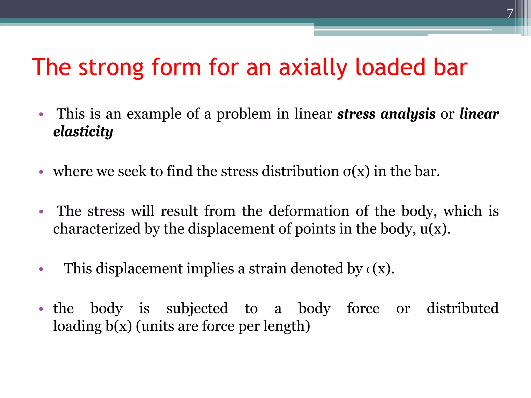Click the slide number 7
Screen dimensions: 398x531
[510, 13]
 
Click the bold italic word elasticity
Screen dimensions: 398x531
[83, 132]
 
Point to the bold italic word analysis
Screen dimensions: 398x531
[408, 114]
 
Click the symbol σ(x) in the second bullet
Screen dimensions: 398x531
[356, 172]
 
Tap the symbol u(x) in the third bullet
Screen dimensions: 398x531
[435, 229]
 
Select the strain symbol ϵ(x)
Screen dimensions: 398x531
[380, 269]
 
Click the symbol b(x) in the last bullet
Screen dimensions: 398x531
[119, 326]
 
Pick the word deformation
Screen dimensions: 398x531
[309, 211]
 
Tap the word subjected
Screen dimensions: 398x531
[197, 309]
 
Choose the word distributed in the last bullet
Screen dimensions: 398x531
[463, 309]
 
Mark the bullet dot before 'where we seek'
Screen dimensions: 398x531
[41, 172]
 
